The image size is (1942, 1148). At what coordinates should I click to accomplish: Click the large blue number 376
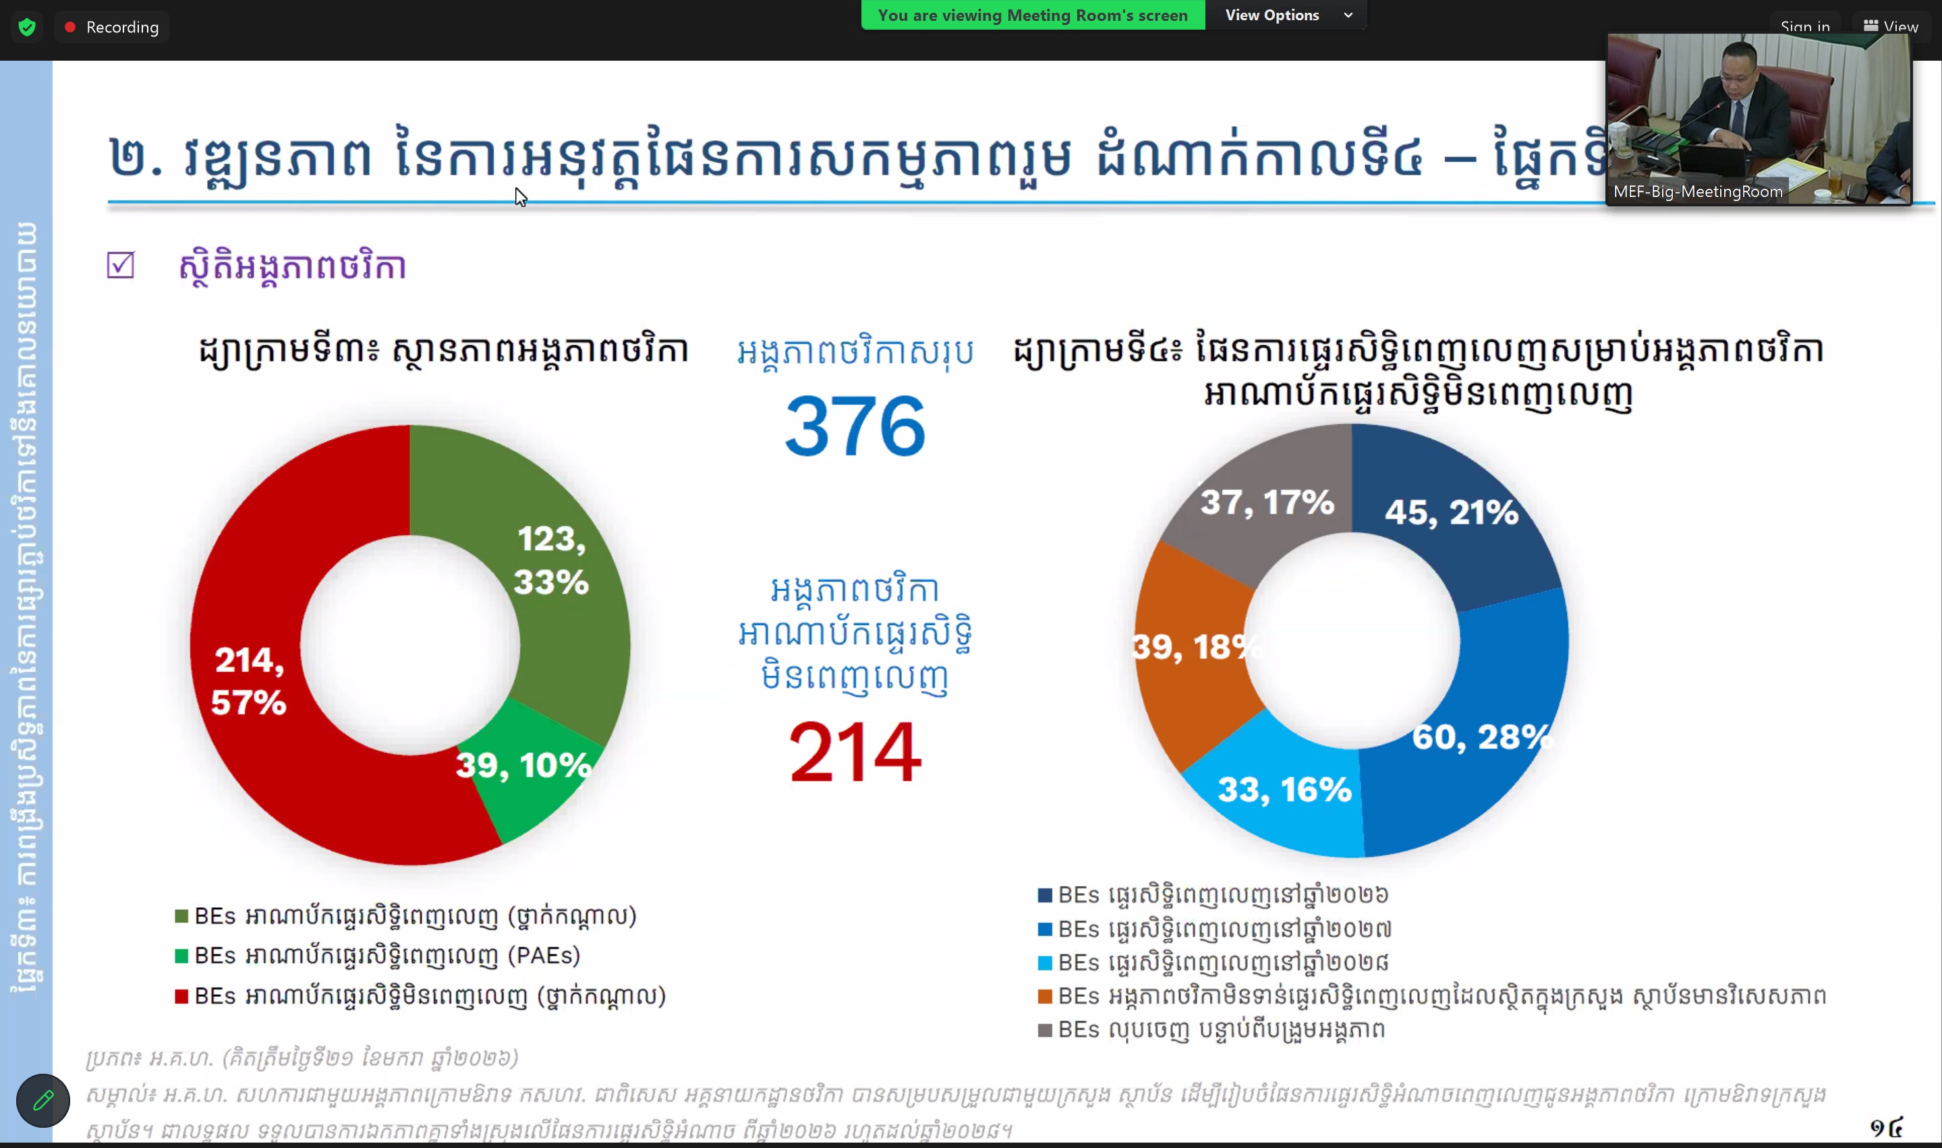(x=855, y=426)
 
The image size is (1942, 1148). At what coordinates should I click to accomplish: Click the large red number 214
(x=855, y=752)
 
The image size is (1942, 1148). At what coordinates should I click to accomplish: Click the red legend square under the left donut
(x=181, y=996)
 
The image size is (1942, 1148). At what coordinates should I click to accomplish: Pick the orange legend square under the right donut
(x=1045, y=996)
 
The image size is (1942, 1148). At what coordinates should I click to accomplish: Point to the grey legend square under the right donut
(x=1045, y=1031)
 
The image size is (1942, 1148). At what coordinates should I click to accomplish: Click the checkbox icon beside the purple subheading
(x=121, y=265)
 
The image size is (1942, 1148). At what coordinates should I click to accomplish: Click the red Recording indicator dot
(x=70, y=27)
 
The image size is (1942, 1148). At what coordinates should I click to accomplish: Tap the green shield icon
(x=27, y=27)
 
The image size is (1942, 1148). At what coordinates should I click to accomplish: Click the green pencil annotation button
(x=43, y=1100)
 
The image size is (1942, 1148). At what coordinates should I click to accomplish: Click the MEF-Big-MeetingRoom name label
(x=1698, y=192)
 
